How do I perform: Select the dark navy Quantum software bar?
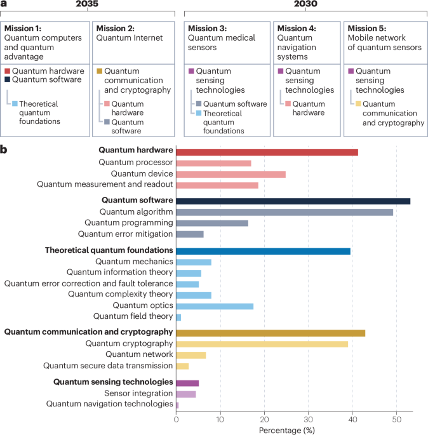pyautogui.click(x=293, y=201)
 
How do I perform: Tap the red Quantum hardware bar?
pyautogui.click(x=267, y=152)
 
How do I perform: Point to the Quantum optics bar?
pyautogui.click(x=215, y=305)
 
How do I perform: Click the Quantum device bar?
pyautogui.click(x=231, y=174)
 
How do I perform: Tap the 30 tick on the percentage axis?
pyautogui.click(x=308, y=419)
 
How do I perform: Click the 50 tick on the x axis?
pyautogui.click(x=396, y=419)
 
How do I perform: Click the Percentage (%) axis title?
pyautogui.click(x=286, y=430)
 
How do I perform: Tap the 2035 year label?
pyautogui.click(x=88, y=4)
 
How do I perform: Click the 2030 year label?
pyautogui.click(x=305, y=4)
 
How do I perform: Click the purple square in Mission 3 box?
pyautogui.click(x=191, y=71)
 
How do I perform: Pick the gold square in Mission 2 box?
pyautogui.click(x=98, y=71)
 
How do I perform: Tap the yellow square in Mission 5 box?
pyautogui.click(x=359, y=104)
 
